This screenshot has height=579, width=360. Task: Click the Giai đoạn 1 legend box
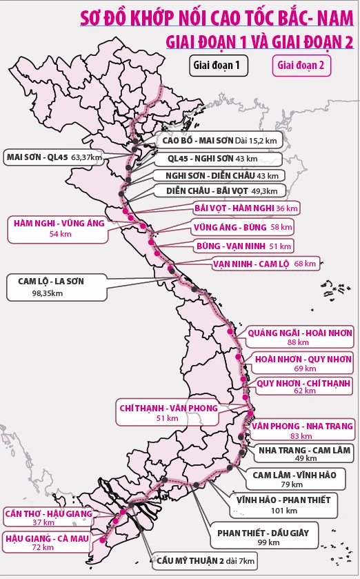click(219, 66)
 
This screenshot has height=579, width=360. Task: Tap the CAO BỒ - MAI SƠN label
click(219, 140)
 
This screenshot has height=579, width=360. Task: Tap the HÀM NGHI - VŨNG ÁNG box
click(57, 228)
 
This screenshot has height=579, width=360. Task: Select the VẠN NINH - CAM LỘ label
click(265, 264)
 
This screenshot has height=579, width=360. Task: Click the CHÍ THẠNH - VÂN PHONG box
click(168, 412)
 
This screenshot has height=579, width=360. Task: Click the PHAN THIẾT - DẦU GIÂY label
click(267, 538)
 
